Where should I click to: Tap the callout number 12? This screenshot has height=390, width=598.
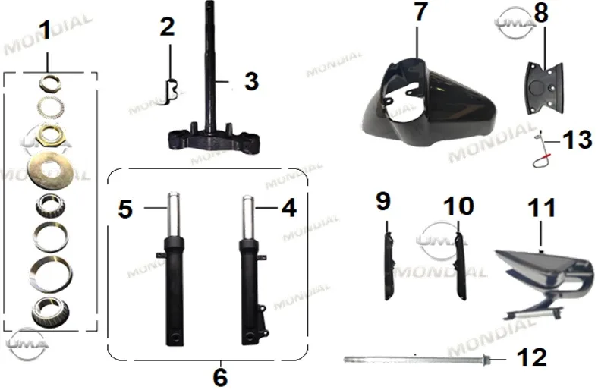pyautogui.click(x=532, y=357)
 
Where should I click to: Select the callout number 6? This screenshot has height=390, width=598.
pyautogui.click(x=220, y=376)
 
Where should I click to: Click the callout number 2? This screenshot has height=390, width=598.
pyautogui.click(x=168, y=27)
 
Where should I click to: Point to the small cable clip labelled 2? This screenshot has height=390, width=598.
pyautogui.click(x=170, y=93)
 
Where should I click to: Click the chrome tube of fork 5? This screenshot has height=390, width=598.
pyautogui.click(x=174, y=215)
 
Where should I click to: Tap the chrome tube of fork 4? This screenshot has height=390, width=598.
pyautogui.click(x=248, y=217)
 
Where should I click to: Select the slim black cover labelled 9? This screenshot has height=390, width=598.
pyautogui.click(x=389, y=266)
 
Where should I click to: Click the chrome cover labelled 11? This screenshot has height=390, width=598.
pyautogui.click(x=543, y=280)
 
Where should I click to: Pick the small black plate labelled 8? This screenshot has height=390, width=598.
pyautogui.click(x=545, y=88)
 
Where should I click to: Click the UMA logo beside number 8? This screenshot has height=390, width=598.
pyautogui.click(x=515, y=23)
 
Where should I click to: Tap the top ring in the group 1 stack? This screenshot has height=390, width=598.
pyautogui.click(x=50, y=83)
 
